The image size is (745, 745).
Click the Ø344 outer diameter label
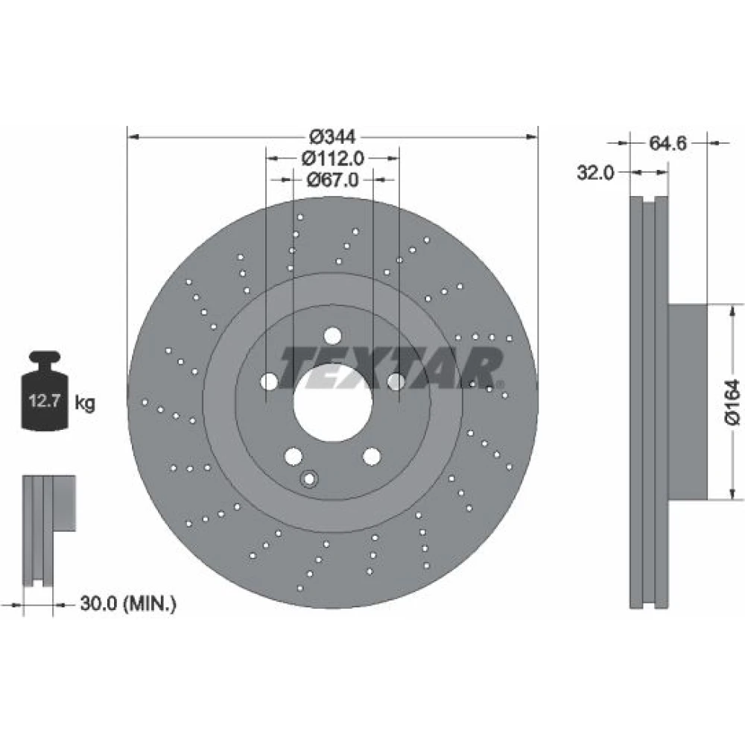point(332,137)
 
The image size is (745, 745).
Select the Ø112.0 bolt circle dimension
point(332,158)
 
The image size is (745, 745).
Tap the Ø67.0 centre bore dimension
point(332,180)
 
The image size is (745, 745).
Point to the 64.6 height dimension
point(668,143)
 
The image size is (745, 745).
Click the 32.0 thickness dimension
point(595,173)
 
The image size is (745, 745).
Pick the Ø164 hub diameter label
point(732,402)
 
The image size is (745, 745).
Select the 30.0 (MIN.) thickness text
point(128,604)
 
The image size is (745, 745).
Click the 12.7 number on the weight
point(44,401)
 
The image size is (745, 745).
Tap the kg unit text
point(85,403)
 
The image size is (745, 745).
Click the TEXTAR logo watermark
point(390,367)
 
